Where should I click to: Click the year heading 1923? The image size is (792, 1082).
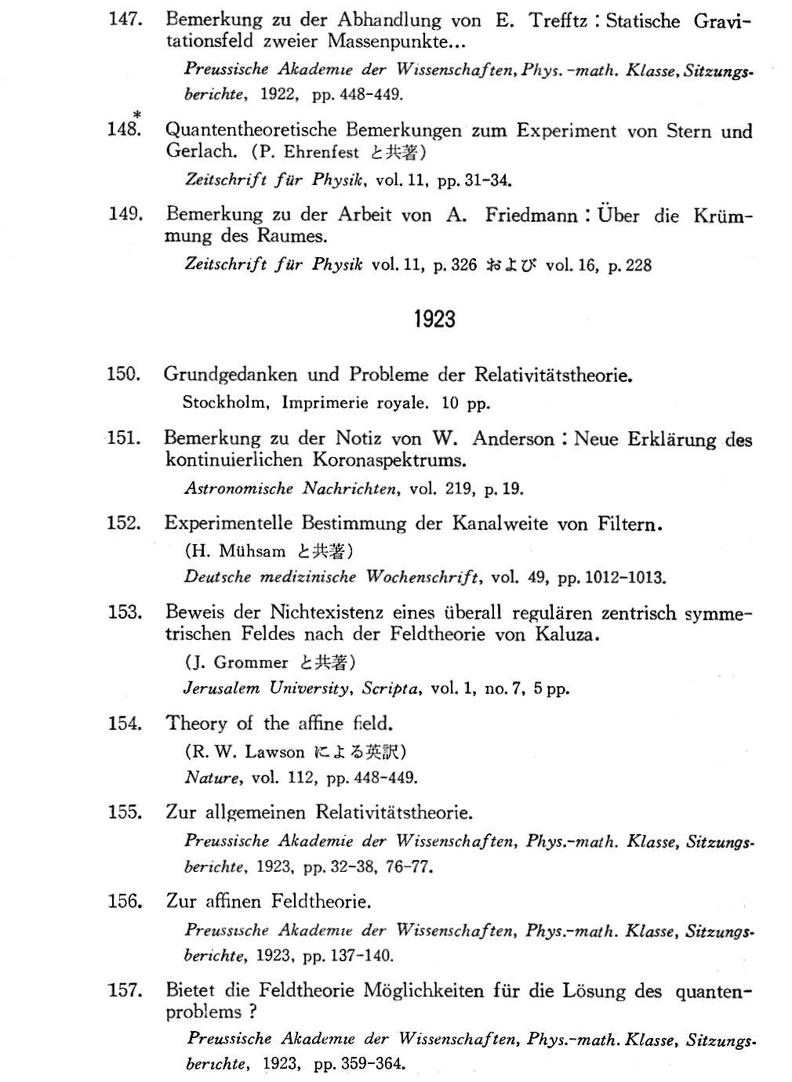pos(433,319)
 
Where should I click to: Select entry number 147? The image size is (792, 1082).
pos(123,20)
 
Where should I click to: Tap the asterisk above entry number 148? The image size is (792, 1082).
pos(136,115)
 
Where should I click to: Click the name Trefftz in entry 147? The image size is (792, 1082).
pos(558,21)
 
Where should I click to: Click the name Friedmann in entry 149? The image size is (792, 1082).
pos(531,215)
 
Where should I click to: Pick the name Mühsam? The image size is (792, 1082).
pos(252,550)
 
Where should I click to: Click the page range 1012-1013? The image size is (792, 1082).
pos(611,578)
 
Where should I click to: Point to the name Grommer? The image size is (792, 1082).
pos(250,663)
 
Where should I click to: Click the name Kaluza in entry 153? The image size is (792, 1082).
pos(566,634)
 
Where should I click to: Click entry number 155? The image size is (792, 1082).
pos(124,811)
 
